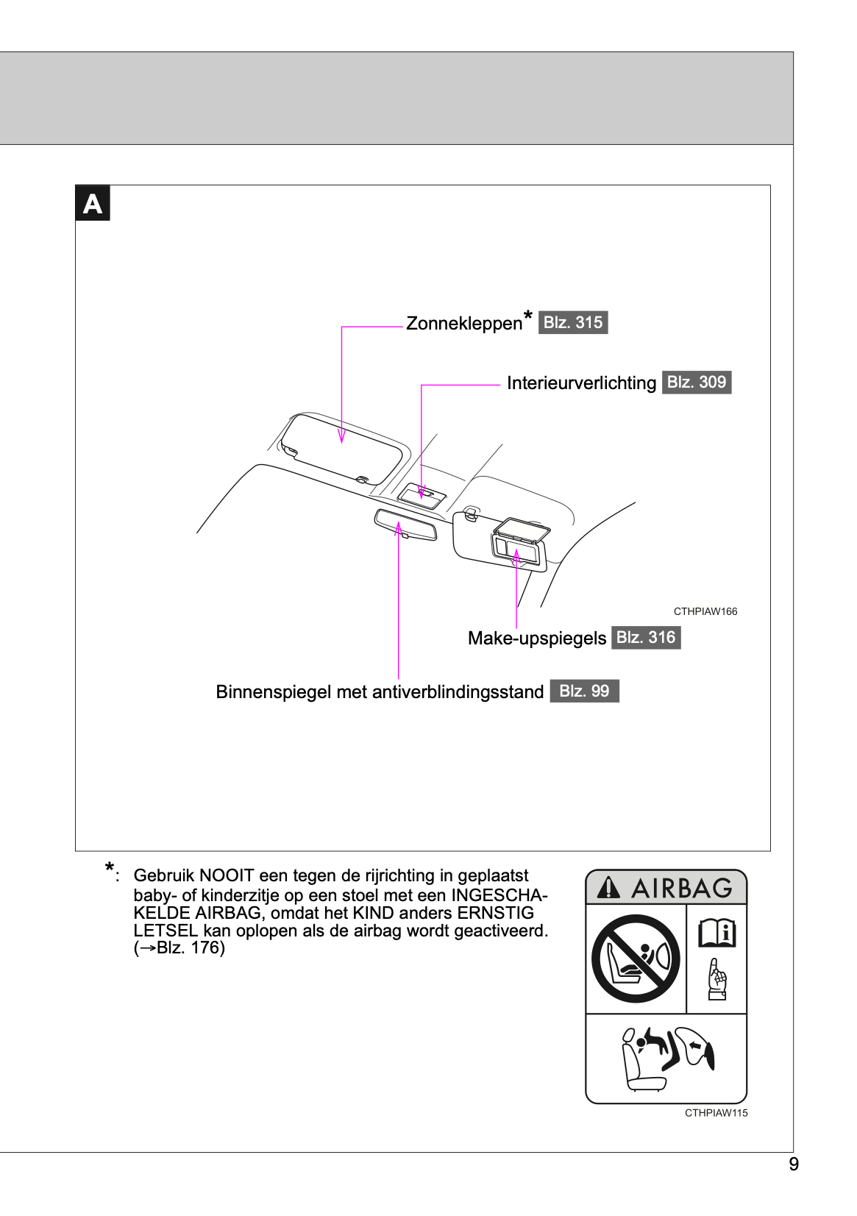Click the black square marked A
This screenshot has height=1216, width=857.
(93, 204)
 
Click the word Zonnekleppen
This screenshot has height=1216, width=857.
(463, 324)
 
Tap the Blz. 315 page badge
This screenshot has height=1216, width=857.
(573, 323)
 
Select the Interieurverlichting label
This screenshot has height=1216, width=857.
(581, 383)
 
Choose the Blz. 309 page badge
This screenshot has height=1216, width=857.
(696, 383)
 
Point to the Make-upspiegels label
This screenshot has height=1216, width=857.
(537, 639)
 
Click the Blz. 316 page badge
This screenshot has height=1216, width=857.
(645, 638)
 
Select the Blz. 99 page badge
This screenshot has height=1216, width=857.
(584, 691)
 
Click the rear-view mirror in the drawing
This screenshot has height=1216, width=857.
(405, 525)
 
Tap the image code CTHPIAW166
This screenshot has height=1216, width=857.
(705, 612)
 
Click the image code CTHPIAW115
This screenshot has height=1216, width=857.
(716, 1113)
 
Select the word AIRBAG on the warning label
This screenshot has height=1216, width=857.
(682, 889)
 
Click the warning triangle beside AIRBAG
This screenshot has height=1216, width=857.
(608, 888)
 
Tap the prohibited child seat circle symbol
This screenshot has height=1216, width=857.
(636, 959)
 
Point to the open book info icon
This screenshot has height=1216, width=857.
(716, 933)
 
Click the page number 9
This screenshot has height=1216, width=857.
(793, 1165)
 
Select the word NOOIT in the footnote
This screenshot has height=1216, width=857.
(227, 876)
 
